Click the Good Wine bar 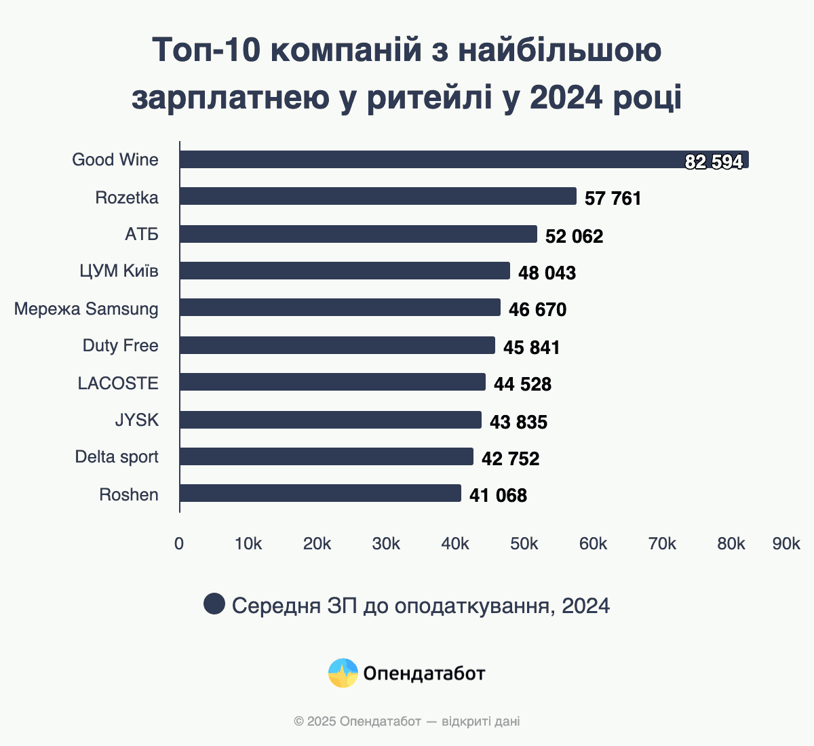click(464, 159)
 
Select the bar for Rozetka click(378, 196)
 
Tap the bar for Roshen click(320, 493)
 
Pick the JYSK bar click(330, 420)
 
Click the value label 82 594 click(714, 161)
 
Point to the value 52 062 click(574, 236)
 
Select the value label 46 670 click(537, 310)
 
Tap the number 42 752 click(510, 458)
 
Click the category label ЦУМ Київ click(119, 271)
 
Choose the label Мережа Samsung click(86, 309)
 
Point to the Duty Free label click(120, 346)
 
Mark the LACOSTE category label click(118, 383)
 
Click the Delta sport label click(117, 457)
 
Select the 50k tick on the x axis click(524, 544)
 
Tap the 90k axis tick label click(786, 544)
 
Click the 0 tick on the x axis click(179, 544)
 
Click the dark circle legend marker click(214, 604)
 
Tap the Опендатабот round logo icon click(343, 673)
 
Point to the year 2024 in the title click(566, 98)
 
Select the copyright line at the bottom click(407, 721)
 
